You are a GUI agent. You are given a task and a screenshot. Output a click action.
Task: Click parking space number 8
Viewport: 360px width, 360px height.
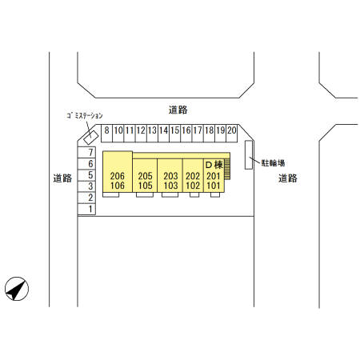point(106,133)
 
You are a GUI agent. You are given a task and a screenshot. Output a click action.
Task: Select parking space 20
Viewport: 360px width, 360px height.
point(231,133)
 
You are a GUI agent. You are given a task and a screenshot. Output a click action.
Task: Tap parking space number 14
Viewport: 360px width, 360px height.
point(163,133)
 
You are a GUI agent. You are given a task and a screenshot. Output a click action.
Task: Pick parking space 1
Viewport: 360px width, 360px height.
point(86,209)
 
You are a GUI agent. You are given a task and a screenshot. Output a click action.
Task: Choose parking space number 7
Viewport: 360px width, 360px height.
point(86,152)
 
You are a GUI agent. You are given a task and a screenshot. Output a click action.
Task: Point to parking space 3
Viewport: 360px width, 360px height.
point(86,186)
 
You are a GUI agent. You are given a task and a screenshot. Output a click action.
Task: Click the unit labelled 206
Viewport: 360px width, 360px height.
point(118,176)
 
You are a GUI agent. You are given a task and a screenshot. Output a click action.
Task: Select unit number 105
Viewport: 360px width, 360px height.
point(145,186)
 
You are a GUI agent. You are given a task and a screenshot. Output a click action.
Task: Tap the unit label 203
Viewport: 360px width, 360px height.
point(170,176)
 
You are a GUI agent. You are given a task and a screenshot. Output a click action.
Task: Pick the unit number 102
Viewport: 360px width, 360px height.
point(193,186)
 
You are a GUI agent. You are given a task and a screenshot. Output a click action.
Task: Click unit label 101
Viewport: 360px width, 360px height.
point(214,186)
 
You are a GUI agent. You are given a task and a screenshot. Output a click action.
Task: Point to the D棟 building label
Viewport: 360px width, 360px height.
point(214,165)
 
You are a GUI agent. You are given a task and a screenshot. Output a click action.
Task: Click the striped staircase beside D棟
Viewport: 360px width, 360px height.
point(227,169)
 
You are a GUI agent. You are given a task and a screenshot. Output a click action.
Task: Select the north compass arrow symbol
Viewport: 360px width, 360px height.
point(17,289)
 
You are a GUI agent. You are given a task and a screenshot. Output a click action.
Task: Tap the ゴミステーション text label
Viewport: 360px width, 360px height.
point(85,116)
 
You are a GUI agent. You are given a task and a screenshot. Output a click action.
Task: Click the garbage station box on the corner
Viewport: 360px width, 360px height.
point(90,137)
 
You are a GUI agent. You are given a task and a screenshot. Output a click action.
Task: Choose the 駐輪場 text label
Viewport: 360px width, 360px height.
point(273,163)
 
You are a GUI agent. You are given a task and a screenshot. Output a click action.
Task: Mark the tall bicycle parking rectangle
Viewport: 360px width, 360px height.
point(249,154)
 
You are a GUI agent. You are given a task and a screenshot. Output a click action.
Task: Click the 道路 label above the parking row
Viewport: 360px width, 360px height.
point(178,110)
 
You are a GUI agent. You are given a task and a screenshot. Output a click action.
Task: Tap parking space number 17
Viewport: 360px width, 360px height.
point(198,133)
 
